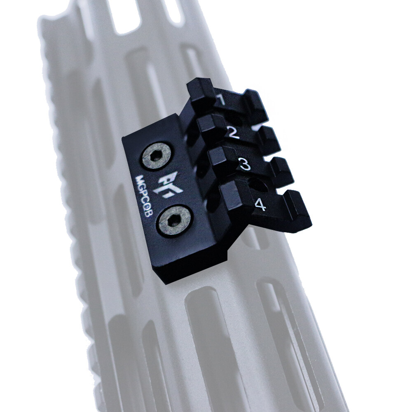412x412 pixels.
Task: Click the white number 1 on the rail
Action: [221, 100]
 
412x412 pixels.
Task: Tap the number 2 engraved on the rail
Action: [232, 132]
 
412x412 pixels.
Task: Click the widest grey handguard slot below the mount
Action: [214, 330]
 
